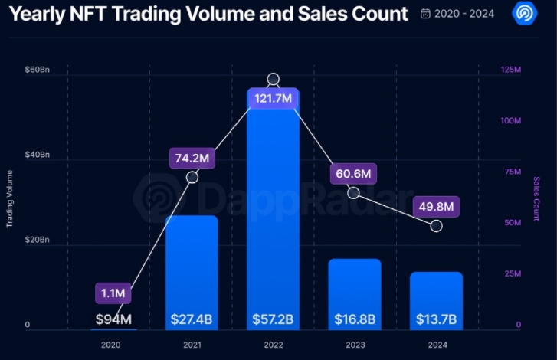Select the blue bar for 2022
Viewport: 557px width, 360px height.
pyautogui.click(x=273, y=222)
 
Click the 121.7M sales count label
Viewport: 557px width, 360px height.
pyautogui.click(x=273, y=99)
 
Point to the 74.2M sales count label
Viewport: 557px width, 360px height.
pyautogui.click(x=192, y=159)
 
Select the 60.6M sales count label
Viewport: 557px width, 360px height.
pyautogui.click(x=353, y=174)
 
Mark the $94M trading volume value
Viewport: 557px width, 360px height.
pyautogui.click(x=113, y=319)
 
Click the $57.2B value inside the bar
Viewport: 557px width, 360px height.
pyautogui.click(x=273, y=319)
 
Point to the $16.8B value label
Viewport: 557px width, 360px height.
pyautogui.click(x=354, y=319)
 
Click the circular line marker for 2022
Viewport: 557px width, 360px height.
pyautogui.click(x=273, y=80)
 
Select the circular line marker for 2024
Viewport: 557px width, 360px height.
pyautogui.click(x=436, y=226)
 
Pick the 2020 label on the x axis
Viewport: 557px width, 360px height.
pyautogui.click(x=110, y=345)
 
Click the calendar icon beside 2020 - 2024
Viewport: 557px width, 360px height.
pyautogui.click(x=426, y=14)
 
